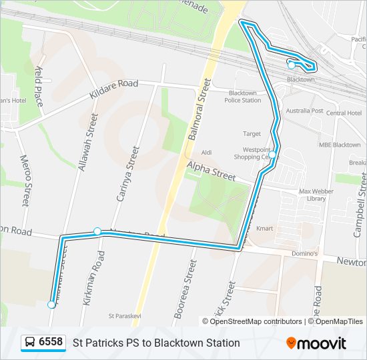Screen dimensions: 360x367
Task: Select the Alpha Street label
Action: tap(212, 171)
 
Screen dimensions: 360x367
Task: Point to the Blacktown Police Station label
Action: tap(242, 97)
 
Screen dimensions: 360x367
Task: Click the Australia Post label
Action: tap(304, 111)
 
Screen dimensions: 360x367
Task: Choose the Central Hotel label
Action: tap(344, 113)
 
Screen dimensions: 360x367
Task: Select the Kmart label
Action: tap(265, 229)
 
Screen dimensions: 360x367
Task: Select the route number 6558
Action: tap(51, 343)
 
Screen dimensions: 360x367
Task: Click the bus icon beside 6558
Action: tap(30, 343)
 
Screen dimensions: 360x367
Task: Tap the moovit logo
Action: tap(316, 343)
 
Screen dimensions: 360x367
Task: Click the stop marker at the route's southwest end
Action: tap(52, 305)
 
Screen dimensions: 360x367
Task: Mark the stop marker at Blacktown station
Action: tap(291, 65)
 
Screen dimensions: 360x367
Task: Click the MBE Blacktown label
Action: tap(339, 145)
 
